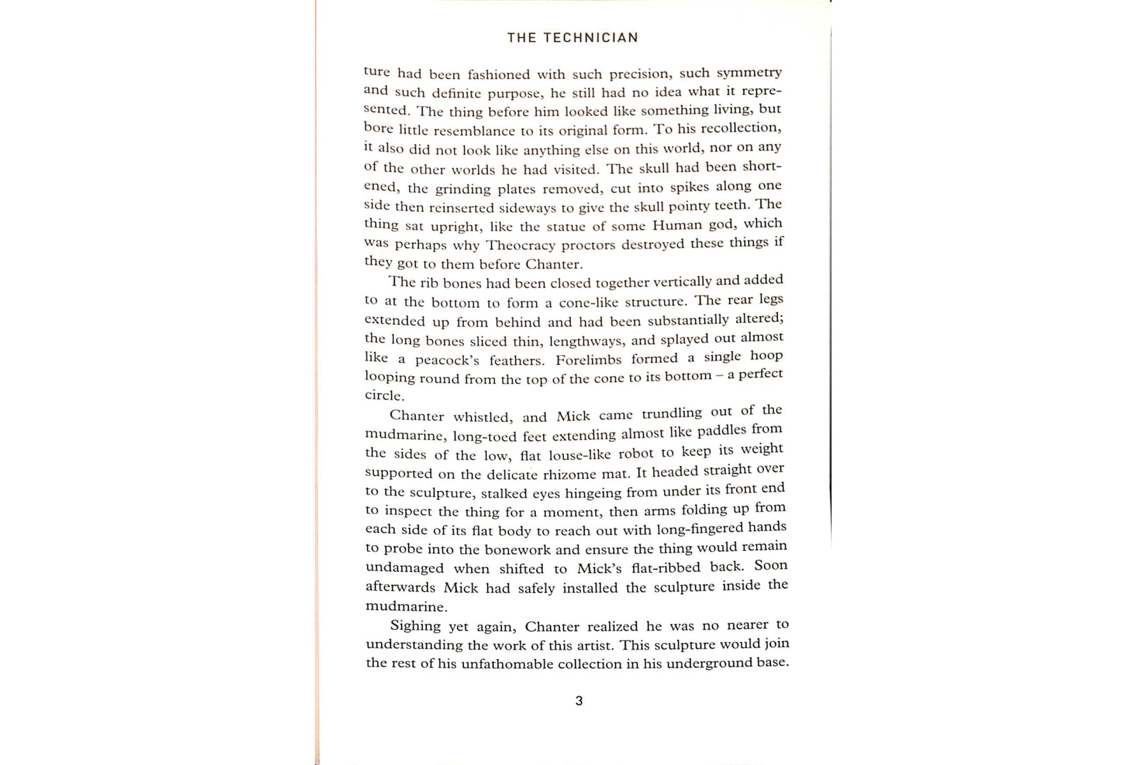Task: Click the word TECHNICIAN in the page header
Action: click(591, 38)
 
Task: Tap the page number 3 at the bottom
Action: click(579, 701)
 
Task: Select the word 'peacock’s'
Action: click(447, 360)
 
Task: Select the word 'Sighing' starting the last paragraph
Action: click(415, 626)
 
